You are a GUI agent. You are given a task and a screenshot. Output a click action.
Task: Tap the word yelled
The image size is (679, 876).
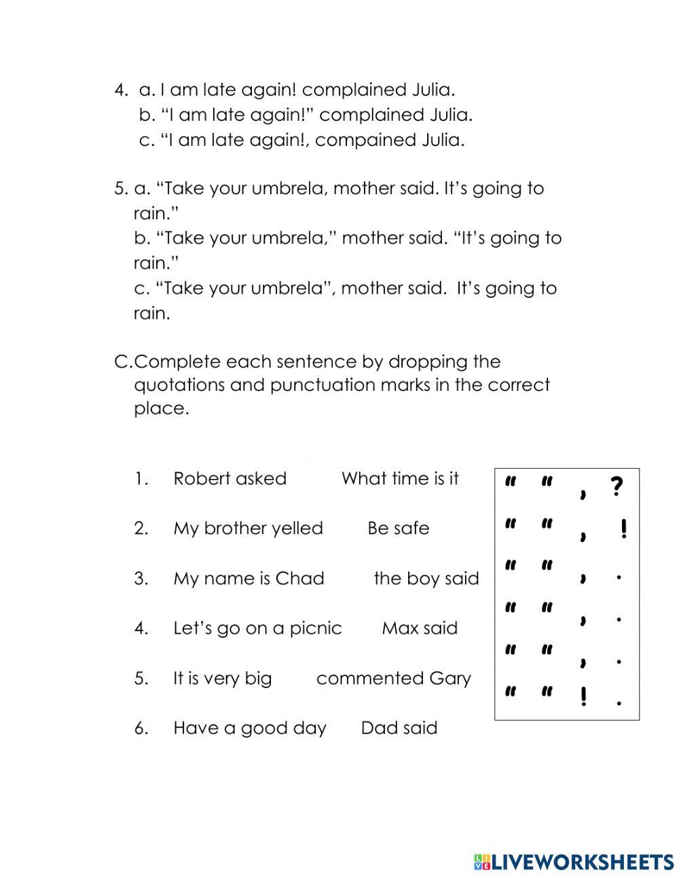coord(297,529)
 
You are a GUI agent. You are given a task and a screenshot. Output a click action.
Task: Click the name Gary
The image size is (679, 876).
coord(449,679)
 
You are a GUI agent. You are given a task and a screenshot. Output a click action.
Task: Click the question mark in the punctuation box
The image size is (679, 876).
coord(616,487)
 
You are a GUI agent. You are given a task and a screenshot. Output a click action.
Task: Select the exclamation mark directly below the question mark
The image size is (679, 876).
coord(623,529)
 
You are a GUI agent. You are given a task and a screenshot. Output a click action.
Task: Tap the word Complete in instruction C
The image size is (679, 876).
coord(178,362)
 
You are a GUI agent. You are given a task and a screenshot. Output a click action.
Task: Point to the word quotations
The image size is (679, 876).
coord(179,385)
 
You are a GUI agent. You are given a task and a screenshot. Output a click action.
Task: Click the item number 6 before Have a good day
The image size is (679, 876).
coord(141,728)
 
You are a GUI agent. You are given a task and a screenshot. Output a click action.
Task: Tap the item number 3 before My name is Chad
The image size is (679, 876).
coord(141,579)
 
